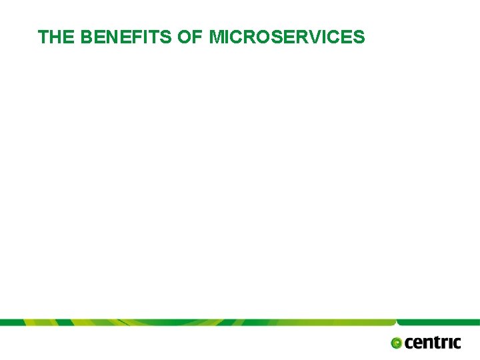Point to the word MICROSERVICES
coord(287,37)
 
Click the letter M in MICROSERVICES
coord(216,37)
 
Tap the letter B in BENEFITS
coord(86,37)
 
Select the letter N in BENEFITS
coord(109,37)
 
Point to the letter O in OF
coord(184,37)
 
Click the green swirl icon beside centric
coord(397,343)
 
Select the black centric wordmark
coord(433,343)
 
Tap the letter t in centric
coord(437,343)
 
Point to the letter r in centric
coord(445,343)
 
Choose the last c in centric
coord(456,343)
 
